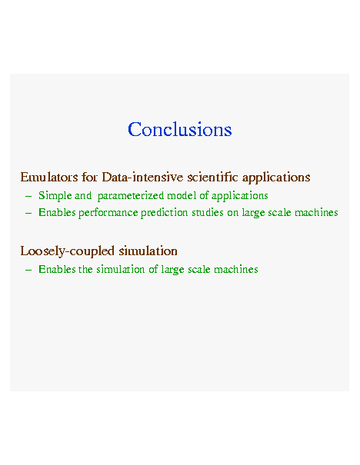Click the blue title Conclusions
[179, 129]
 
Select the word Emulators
[49, 178]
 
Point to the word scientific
[212, 177]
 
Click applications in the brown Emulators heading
[276, 178]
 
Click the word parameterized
[131, 196]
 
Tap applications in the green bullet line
[239, 196]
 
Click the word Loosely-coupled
[68, 251]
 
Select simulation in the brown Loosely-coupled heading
[148, 251]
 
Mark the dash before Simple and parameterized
[28, 196]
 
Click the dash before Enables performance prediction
[28, 213]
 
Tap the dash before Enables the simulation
[28, 270]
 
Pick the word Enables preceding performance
[57, 212]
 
